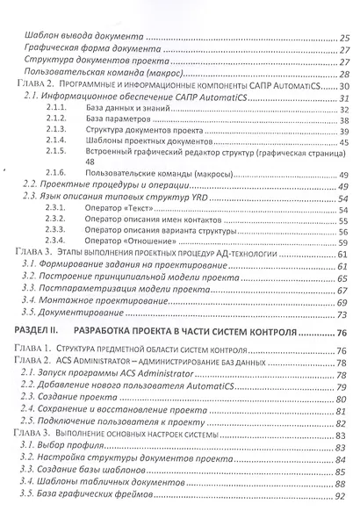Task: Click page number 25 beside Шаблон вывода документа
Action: tap(344, 38)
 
